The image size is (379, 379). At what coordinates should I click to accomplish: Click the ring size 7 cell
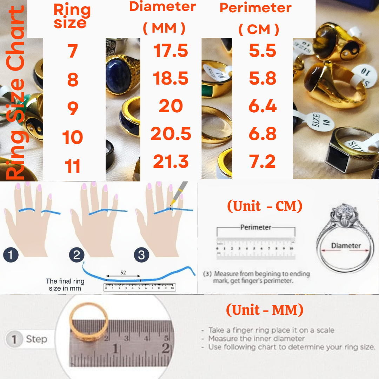73,51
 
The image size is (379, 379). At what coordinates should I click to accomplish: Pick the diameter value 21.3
171,162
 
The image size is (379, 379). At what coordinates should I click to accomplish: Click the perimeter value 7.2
263,162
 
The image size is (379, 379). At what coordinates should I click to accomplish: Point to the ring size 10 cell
73,137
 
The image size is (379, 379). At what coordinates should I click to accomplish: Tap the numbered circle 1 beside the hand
11,255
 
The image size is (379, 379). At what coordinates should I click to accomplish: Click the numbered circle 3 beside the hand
141,255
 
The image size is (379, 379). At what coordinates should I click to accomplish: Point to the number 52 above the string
123,272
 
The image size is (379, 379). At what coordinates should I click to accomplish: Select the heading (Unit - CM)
265,206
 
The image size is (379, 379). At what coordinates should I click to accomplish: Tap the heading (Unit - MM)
265,310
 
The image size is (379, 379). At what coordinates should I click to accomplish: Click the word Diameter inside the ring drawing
346,246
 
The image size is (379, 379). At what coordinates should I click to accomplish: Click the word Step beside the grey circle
36,339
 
